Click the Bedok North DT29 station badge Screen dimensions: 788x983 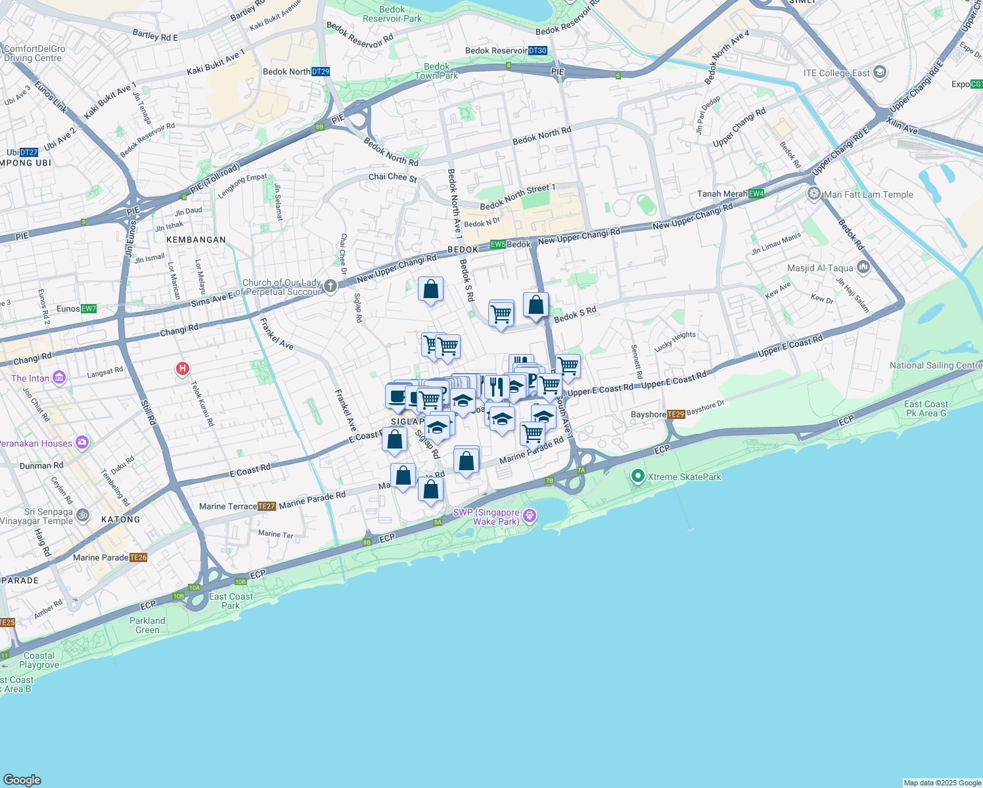pyautogui.click(x=321, y=72)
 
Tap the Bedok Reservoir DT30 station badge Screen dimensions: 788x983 pyautogui.click(x=537, y=51)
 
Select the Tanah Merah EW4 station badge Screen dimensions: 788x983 pyautogui.click(x=756, y=194)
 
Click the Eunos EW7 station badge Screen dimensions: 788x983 pyautogui.click(x=89, y=309)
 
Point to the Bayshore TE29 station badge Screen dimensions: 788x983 pyautogui.click(x=675, y=414)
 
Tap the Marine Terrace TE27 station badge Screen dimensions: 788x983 pyautogui.click(x=266, y=506)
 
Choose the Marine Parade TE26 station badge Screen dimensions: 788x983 pyautogui.click(x=138, y=558)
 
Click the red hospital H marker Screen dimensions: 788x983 pyautogui.click(x=183, y=369)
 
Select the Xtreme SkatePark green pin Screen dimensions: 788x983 pyautogui.click(x=637, y=476)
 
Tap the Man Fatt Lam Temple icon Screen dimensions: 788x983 pyautogui.click(x=814, y=194)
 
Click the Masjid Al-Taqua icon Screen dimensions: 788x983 pyautogui.click(x=863, y=267)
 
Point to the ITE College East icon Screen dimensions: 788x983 pyautogui.click(x=880, y=72)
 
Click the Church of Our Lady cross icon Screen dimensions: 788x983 pyautogui.click(x=330, y=286)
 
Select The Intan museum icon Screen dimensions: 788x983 pyautogui.click(x=59, y=378)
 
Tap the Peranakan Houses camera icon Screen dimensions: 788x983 pyautogui.click(x=81, y=443)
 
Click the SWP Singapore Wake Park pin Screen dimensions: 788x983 pyautogui.click(x=530, y=515)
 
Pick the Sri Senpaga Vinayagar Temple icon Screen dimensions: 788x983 pyautogui.click(x=82, y=515)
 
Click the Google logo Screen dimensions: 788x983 pyautogui.click(x=22, y=779)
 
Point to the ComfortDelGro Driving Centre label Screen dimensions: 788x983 pyautogui.click(x=34, y=53)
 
